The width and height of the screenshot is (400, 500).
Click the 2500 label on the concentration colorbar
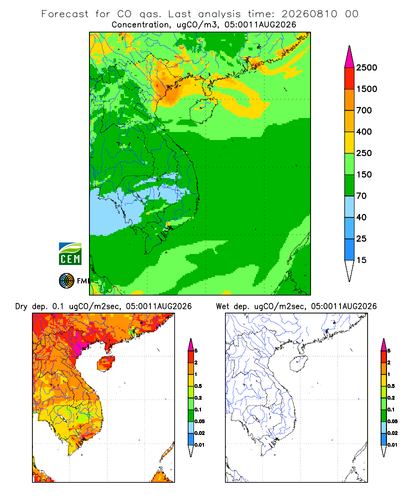(x=366, y=67)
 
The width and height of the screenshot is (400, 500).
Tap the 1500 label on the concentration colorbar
(x=366, y=89)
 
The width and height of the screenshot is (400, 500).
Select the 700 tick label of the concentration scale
(x=364, y=110)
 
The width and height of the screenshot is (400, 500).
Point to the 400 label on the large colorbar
(x=364, y=131)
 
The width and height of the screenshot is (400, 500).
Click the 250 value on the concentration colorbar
(x=364, y=153)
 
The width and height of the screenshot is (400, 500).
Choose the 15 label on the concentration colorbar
(x=361, y=260)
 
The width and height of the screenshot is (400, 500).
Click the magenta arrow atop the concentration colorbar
(x=349, y=57)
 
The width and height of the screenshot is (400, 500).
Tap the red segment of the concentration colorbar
(x=349, y=78)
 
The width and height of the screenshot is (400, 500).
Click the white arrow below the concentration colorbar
(x=349, y=270)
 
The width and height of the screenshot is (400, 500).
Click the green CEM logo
(x=70, y=254)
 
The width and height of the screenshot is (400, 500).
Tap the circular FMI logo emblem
(x=66, y=281)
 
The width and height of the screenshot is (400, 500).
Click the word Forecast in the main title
(x=65, y=14)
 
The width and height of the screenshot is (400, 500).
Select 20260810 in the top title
(x=309, y=14)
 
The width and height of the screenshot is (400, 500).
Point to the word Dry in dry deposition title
(x=21, y=306)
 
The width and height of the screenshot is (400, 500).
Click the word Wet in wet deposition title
(x=222, y=306)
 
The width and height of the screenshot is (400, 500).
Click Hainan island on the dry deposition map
(x=105, y=364)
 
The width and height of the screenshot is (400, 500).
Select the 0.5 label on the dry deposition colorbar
(x=198, y=386)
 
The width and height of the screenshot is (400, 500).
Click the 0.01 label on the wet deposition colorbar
(x=392, y=445)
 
